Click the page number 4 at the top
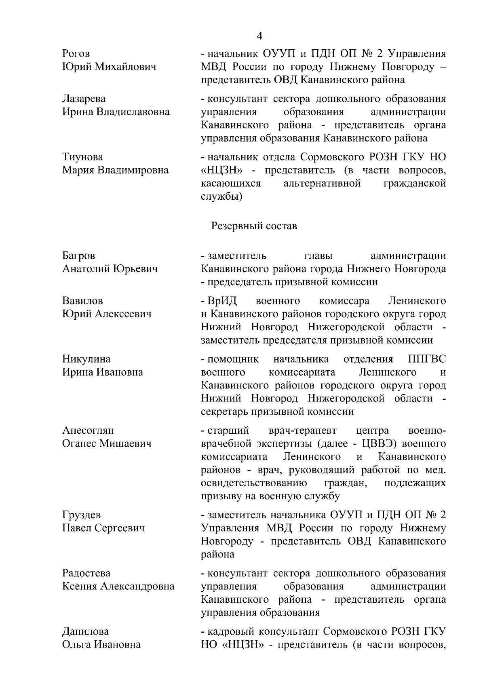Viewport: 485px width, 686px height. click(259, 36)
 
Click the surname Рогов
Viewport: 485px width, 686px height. click(76, 54)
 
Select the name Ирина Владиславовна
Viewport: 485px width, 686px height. click(116, 112)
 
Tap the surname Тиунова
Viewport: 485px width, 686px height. click(82, 157)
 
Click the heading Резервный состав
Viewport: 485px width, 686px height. click(254, 226)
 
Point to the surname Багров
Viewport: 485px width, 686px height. click(79, 255)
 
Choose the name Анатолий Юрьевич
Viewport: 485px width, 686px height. click(110, 269)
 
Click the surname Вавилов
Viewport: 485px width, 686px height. click(82, 301)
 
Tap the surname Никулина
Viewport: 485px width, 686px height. click(86, 359)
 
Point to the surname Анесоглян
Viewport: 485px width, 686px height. click(88, 431)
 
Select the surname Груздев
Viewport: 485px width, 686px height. click(81, 515)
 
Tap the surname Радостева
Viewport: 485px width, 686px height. click(86, 573)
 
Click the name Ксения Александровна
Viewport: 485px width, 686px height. click(118, 586)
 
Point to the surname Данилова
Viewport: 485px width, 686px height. click(85, 631)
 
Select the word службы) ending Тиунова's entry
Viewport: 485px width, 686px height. click(221, 196)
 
